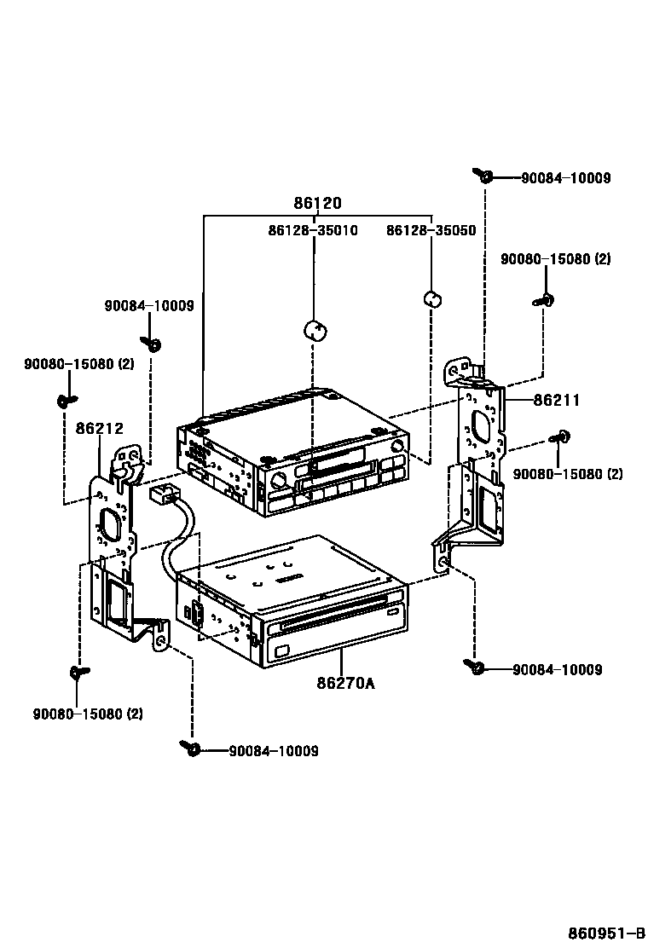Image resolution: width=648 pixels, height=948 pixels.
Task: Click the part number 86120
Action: [x=317, y=204]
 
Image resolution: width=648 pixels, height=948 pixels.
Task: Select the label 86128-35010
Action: [x=312, y=230]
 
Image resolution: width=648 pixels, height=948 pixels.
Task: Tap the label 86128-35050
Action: [x=431, y=230]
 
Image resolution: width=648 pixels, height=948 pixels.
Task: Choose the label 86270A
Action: [x=345, y=683]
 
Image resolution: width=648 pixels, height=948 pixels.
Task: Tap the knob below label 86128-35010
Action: [x=315, y=329]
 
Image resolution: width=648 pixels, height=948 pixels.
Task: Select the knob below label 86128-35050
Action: [x=432, y=298]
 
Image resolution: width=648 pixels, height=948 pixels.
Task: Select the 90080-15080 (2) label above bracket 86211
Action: [x=555, y=258]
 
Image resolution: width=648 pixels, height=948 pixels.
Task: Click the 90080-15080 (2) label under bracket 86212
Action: [x=88, y=713]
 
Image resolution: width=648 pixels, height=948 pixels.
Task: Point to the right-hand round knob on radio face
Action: [x=396, y=449]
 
